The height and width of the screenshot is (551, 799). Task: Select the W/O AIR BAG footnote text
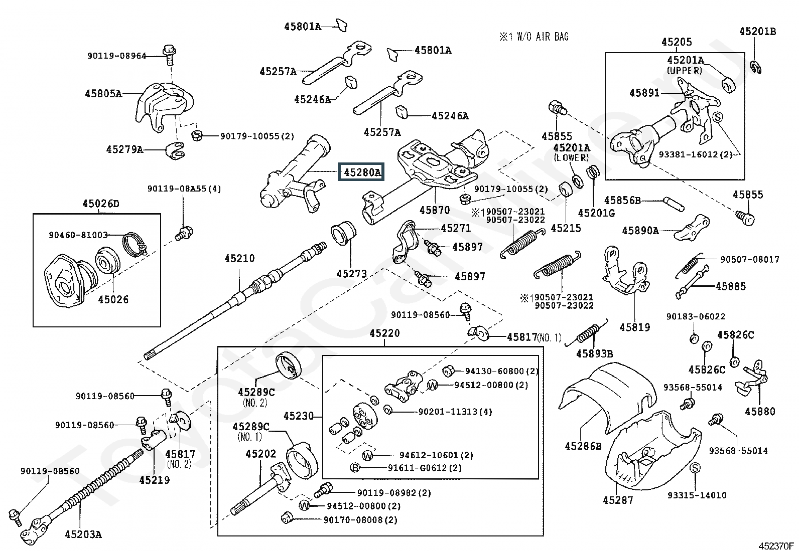[534, 37]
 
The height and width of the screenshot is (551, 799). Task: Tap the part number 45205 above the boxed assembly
[676, 43]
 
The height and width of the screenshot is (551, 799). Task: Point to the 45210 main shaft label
[239, 259]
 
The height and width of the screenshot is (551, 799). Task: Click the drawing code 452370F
[776, 545]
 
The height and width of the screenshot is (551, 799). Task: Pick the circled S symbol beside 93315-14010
[695, 468]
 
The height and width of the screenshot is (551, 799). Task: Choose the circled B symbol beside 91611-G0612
[355, 468]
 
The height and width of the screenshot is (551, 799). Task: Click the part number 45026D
[101, 204]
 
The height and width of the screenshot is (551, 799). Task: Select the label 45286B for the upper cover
[583, 446]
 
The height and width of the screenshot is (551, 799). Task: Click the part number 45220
[384, 333]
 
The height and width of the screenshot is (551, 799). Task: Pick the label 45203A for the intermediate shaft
[83, 534]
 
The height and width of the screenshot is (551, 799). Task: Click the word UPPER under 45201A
[685, 71]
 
